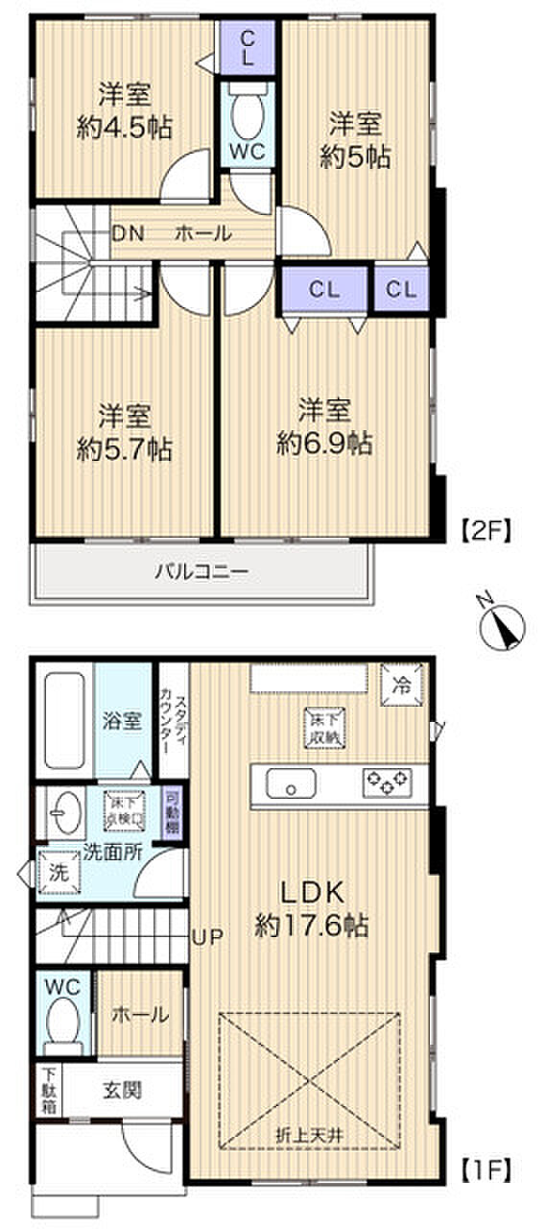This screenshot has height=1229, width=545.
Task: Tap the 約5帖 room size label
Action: coord(355,157)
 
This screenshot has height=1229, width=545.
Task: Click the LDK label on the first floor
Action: coord(312,890)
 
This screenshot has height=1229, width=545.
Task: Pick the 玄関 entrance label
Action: coord(123,1090)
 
